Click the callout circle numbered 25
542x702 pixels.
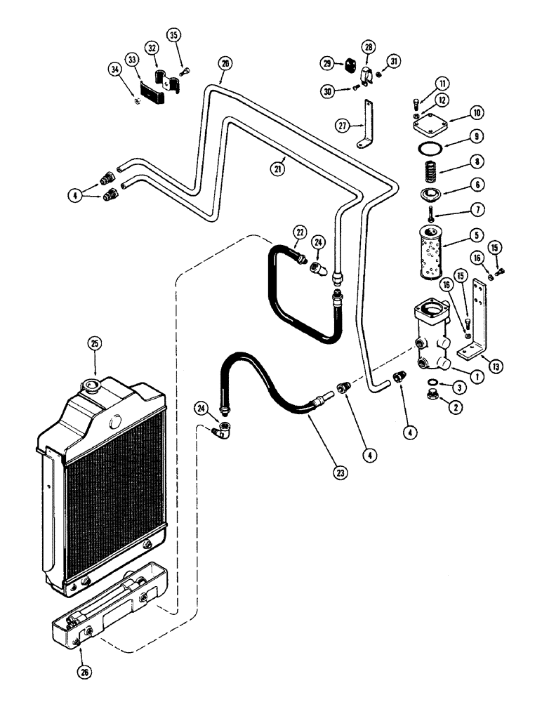click(95, 343)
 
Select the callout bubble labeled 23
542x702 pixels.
click(340, 473)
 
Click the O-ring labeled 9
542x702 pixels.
click(428, 149)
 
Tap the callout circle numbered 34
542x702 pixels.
click(114, 69)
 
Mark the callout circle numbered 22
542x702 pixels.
click(300, 232)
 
